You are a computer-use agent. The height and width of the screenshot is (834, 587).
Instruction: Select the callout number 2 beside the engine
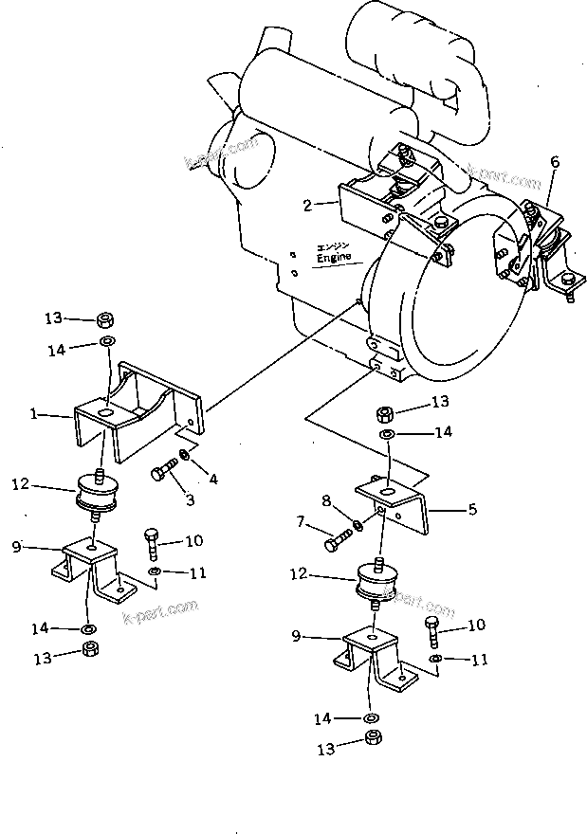(x=308, y=203)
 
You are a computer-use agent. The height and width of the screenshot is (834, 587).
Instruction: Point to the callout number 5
(x=472, y=509)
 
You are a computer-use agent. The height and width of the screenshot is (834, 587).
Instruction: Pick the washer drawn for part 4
(x=184, y=458)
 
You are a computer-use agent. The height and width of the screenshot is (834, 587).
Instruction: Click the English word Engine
(x=334, y=257)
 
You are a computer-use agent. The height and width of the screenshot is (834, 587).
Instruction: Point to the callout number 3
(x=190, y=499)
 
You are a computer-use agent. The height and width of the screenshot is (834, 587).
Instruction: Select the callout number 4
(x=213, y=480)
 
